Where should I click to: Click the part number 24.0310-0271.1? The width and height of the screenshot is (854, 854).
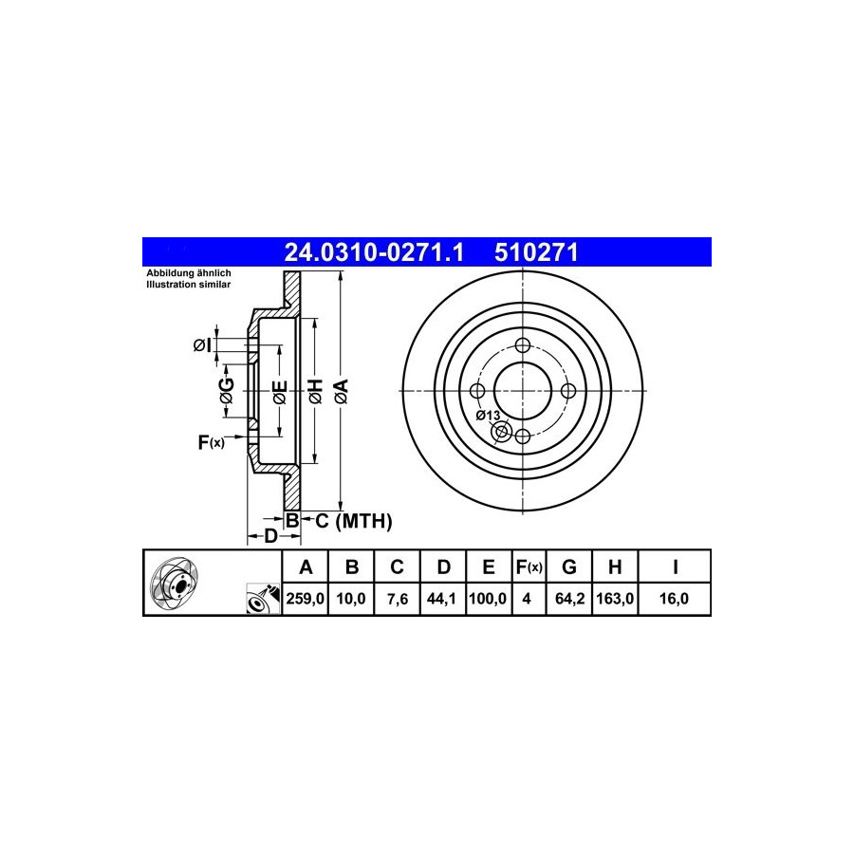click(374, 252)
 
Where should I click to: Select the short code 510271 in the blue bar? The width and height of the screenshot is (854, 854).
click(536, 252)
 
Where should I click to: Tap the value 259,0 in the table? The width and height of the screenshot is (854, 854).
click(305, 599)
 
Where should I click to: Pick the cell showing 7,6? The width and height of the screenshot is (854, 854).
click(397, 599)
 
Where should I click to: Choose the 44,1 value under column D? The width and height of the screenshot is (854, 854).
click(441, 599)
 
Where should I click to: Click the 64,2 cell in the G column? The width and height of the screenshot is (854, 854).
click(569, 599)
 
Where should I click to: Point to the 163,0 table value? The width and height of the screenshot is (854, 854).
click(615, 599)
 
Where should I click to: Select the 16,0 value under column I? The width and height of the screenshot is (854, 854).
click(675, 599)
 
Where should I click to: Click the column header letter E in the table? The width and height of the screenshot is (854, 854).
click(489, 567)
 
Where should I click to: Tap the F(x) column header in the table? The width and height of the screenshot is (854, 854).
click(529, 567)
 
